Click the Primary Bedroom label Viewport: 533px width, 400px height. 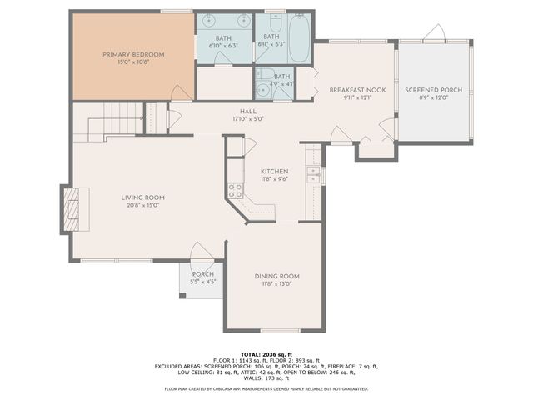point(133,55)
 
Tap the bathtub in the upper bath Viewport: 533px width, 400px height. point(299,37)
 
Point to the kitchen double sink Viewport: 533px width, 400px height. point(313,174)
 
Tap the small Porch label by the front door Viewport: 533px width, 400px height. point(202,274)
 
